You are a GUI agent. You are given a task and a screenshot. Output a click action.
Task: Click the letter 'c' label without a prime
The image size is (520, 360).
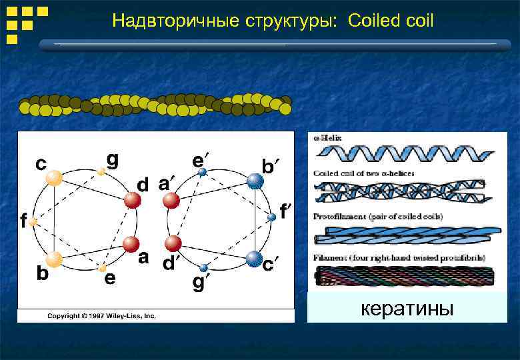click(41, 163)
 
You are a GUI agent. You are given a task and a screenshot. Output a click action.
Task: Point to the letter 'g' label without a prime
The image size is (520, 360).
click(113, 159)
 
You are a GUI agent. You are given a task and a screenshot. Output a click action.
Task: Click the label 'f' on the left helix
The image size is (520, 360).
click(23, 220)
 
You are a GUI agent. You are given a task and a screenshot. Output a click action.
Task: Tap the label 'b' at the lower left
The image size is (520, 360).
click(41, 273)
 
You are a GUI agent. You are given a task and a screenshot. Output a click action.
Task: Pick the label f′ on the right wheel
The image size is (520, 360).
click(285, 211)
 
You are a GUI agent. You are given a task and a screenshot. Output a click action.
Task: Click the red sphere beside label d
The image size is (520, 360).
click(133, 200)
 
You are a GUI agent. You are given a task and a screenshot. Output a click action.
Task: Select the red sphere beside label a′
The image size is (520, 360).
click(171, 200)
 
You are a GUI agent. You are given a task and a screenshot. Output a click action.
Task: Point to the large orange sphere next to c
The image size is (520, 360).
click(54, 178)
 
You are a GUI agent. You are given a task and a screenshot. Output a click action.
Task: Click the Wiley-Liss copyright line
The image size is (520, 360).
click(101, 315)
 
